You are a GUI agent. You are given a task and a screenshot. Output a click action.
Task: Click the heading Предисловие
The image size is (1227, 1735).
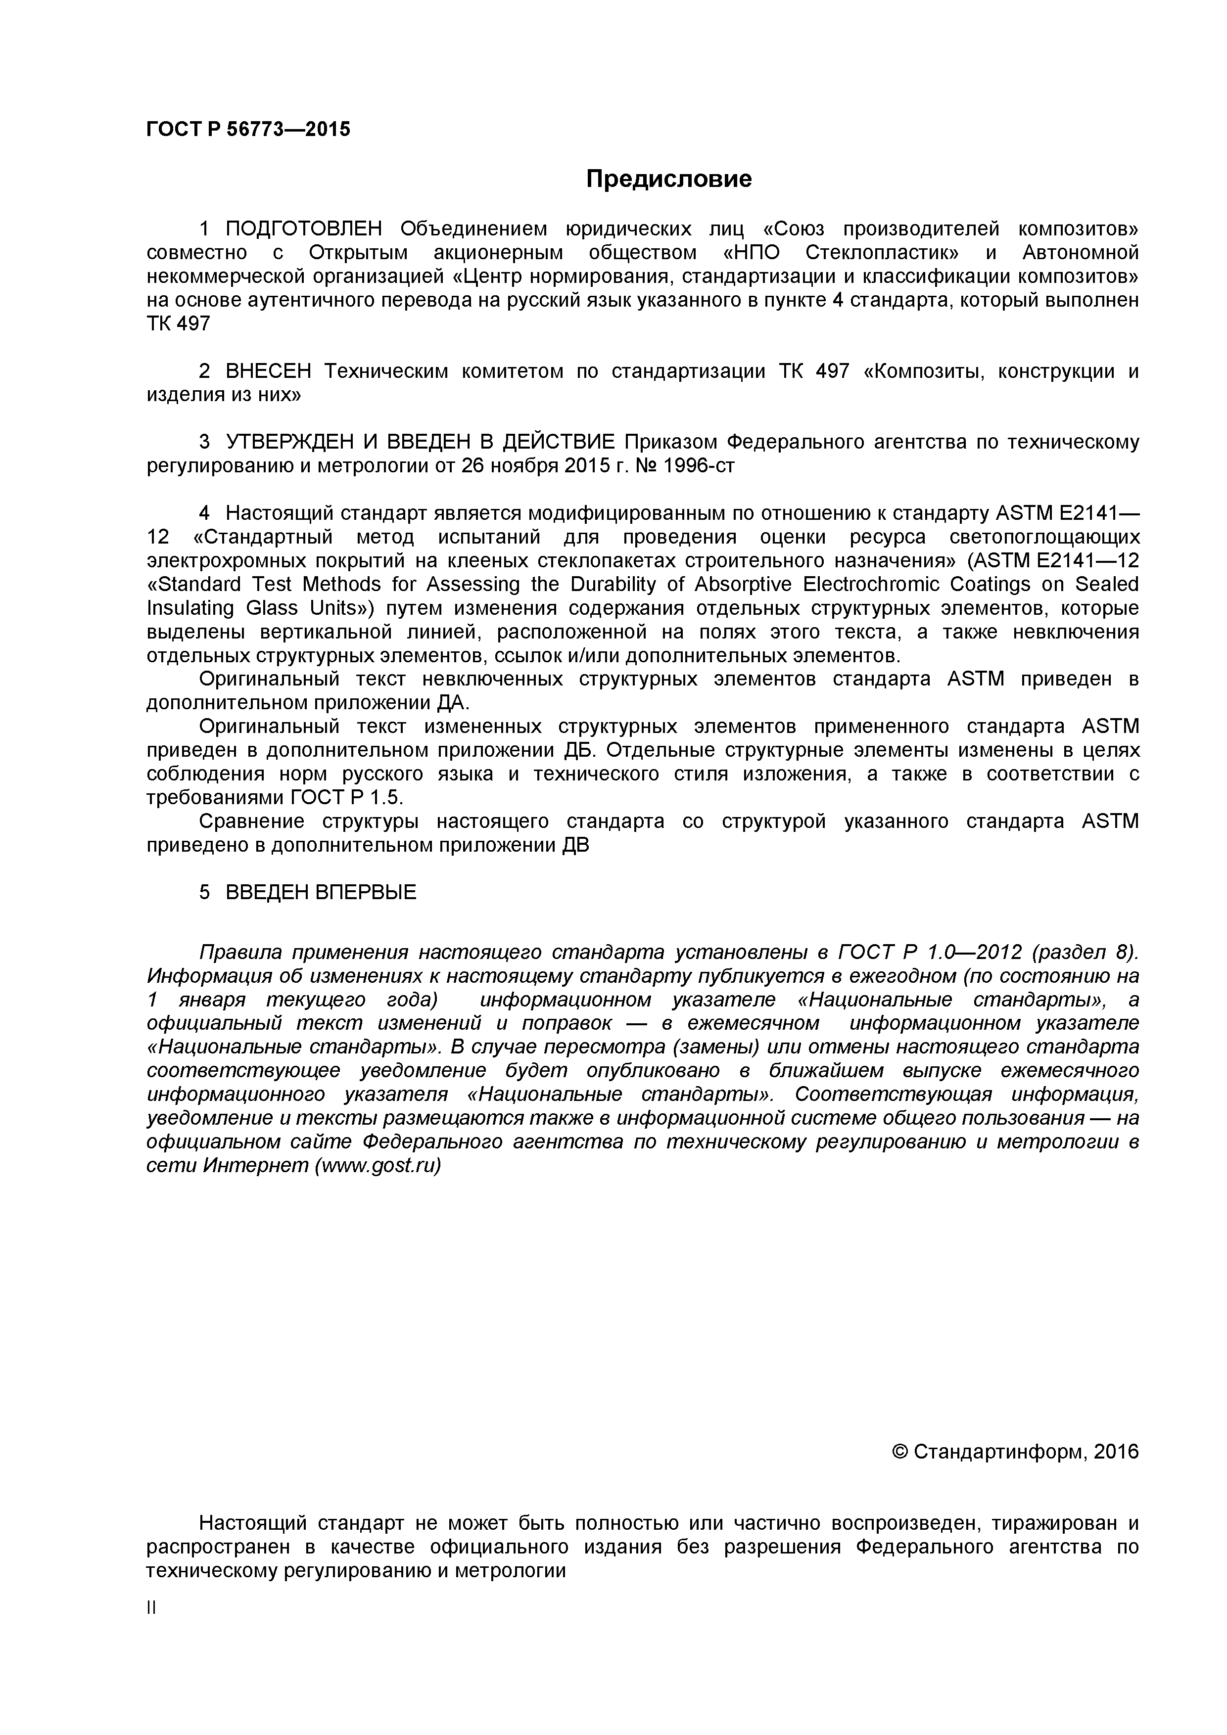pos(669,179)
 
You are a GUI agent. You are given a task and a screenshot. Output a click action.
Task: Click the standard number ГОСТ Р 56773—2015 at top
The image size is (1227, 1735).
pos(248,129)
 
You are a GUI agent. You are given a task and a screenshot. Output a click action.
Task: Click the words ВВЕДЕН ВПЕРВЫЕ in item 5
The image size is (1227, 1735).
pos(321,892)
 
